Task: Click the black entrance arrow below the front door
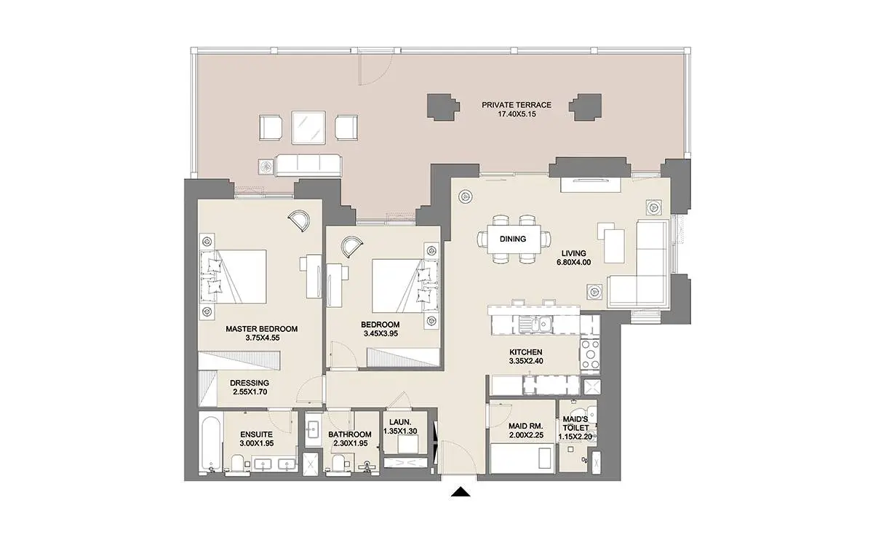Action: tap(461, 492)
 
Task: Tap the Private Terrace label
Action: tap(517, 105)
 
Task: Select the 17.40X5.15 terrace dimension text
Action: tap(517, 114)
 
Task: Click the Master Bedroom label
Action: tap(262, 329)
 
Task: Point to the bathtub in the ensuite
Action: tap(211, 445)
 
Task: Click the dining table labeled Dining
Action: tap(513, 239)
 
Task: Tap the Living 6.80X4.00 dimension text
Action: tap(574, 263)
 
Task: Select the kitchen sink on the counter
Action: tap(535, 325)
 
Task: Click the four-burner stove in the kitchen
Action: tap(590, 354)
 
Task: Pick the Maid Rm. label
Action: tap(526, 426)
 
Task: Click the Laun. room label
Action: tap(400, 422)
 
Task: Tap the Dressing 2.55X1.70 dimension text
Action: tap(250, 392)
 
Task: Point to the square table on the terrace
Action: tap(308, 127)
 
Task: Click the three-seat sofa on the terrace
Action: tap(308, 166)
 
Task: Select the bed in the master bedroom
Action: tap(234, 277)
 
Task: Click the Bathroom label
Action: tap(350, 434)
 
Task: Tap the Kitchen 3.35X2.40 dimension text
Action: tap(526, 361)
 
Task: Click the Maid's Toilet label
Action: tap(575, 424)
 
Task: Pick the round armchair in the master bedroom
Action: tap(299, 221)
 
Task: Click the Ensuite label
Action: tap(256, 434)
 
